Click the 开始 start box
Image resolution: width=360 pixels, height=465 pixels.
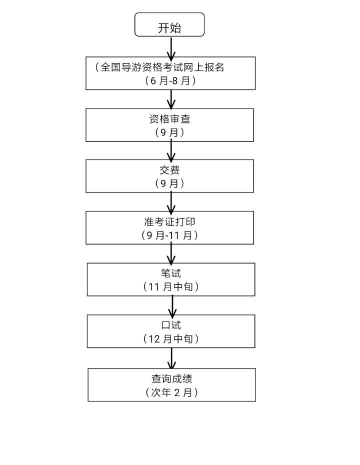(x=169, y=25)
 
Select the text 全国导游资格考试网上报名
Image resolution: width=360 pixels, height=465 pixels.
(x=162, y=67)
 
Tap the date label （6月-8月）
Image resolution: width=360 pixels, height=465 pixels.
(x=170, y=80)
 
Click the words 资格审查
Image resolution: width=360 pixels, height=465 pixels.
(x=169, y=119)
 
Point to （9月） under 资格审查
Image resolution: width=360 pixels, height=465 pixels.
(x=169, y=132)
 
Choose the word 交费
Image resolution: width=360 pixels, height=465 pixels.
(x=169, y=170)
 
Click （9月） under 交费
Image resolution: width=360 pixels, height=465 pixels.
(x=169, y=183)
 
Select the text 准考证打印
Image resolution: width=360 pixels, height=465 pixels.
(x=169, y=222)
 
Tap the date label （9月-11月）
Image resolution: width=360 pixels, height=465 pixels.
(x=169, y=235)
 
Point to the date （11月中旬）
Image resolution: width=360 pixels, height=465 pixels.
(x=171, y=286)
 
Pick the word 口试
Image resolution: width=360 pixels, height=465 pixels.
(x=171, y=325)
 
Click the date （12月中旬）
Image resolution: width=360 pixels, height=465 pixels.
(x=171, y=338)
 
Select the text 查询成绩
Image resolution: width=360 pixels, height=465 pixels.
(x=171, y=379)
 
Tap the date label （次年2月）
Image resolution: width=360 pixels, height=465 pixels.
(x=171, y=392)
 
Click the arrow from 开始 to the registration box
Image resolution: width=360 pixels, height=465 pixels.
(x=171, y=47)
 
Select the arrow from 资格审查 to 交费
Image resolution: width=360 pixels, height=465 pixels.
(x=171, y=150)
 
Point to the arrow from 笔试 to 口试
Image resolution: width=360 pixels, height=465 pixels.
(x=172, y=305)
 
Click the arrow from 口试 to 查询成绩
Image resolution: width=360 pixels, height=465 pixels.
(x=172, y=358)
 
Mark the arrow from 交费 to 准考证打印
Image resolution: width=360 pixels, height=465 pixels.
(x=171, y=202)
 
